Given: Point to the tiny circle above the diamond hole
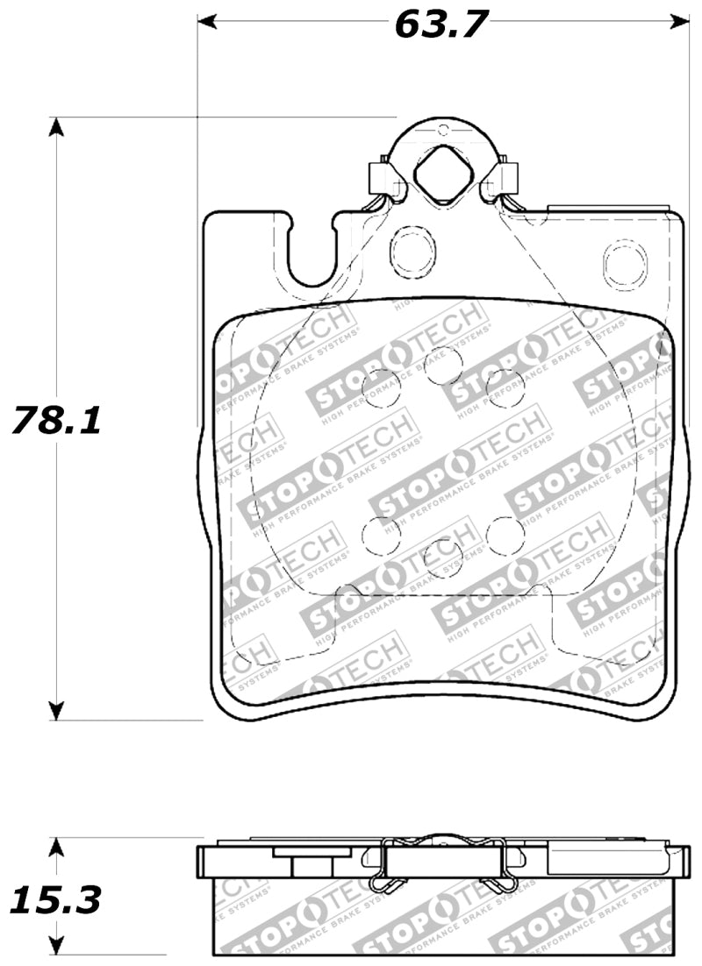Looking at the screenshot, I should (x=443, y=131).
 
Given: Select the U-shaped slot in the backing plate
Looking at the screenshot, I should (x=312, y=254).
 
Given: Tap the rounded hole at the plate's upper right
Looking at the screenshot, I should (x=623, y=262).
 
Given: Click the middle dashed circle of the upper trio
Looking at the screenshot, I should (x=443, y=365).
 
